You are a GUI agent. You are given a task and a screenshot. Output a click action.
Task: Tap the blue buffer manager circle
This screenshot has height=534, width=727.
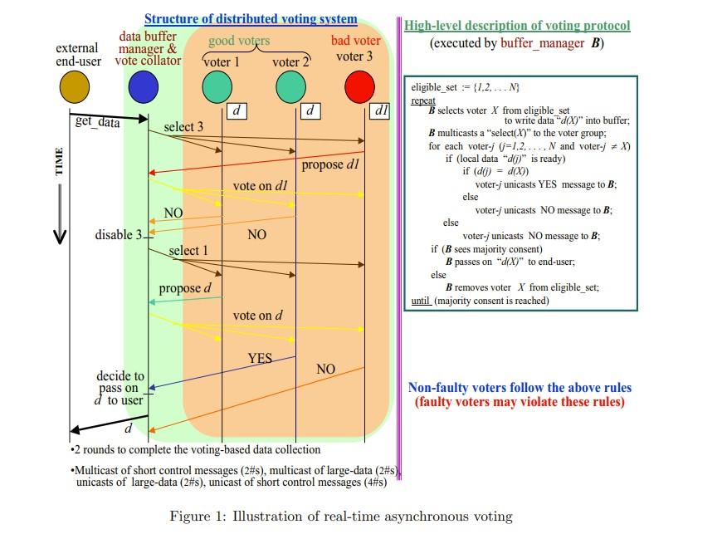[x=144, y=86]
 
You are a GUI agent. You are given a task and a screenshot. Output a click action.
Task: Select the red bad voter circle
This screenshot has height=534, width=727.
[x=360, y=86]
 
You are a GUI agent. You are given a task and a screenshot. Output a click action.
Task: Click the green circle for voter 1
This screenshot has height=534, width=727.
[x=217, y=86]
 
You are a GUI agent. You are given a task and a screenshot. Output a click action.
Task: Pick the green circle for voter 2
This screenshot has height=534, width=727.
[x=290, y=86]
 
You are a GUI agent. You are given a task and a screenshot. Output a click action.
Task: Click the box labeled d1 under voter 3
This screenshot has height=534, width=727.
[x=381, y=110]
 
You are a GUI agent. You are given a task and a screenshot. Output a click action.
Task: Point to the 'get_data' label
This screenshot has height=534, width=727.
[x=98, y=123]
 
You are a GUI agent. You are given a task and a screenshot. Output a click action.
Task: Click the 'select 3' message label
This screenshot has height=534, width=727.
[x=183, y=127]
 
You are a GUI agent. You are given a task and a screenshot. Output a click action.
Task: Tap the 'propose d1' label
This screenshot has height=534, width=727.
[x=330, y=164]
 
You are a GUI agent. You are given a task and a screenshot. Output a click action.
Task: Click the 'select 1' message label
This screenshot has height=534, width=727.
[x=188, y=251]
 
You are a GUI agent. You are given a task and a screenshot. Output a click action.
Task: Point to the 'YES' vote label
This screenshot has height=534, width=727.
[x=261, y=358]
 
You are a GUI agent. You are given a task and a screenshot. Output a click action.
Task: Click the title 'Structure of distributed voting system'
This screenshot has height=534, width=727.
[x=251, y=19]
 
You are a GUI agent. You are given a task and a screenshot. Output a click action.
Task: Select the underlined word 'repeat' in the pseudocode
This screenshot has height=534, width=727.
[x=423, y=100]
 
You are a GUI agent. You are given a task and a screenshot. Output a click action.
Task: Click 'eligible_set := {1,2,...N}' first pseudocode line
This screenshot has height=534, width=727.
[x=466, y=88]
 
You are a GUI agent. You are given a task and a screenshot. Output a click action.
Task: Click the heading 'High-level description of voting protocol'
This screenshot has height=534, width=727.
[x=517, y=26]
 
